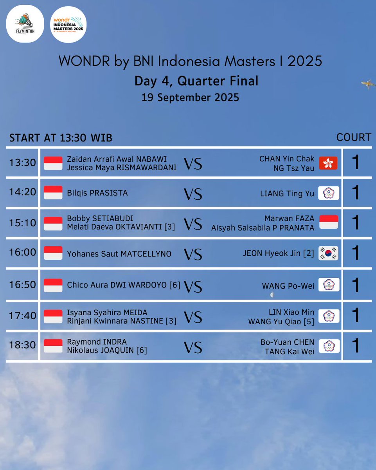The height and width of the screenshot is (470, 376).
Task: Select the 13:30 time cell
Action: [23, 163]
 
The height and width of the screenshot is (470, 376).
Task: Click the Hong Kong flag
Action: [328, 163]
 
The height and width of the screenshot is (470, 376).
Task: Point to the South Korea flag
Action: [328, 253]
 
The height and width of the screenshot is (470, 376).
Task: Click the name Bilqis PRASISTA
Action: [97, 193]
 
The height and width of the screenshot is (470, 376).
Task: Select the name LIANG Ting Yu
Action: [287, 193]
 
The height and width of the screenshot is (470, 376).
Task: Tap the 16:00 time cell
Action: [23, 252]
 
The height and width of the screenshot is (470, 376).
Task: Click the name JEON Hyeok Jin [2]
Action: [279, 253]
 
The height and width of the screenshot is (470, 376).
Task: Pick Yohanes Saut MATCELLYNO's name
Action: [119, 254]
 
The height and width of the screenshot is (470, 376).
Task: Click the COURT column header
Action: [354, 137]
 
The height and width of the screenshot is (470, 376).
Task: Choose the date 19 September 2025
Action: [190, 97]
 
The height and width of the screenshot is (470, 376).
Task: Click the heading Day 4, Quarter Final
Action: [196, 81]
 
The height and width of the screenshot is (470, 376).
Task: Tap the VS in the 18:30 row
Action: [193, 347]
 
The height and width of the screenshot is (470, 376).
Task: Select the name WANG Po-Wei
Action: [288, 286]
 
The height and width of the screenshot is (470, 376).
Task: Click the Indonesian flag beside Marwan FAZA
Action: [329, 222]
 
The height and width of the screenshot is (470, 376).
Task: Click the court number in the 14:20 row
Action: [356, 193]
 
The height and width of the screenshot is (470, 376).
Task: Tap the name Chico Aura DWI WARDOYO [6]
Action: [124, 285]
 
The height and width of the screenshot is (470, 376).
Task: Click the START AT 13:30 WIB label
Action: [61, 138]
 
